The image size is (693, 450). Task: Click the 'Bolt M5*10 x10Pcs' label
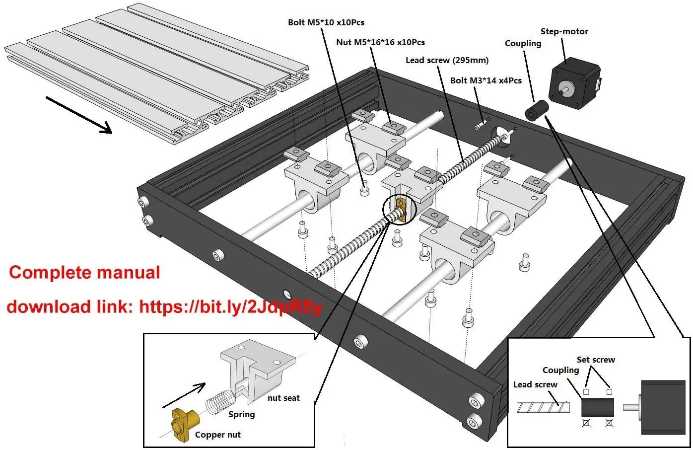pyautogui.click(x=326, y=22)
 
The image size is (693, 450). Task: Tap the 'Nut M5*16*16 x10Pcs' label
pyautogui.click(x=380, y=42)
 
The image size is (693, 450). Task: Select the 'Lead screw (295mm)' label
pyautogui.click(x=447, y=60)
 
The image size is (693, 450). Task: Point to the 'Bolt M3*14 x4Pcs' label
pyautogui.click(x=485, y=80)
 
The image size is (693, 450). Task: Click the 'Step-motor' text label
pyautogui.click(x=564, y=31)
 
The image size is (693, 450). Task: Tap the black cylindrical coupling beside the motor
pyautogui.click(x=536, y=109)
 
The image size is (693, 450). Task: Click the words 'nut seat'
pyautogui.click(x=283, y=398)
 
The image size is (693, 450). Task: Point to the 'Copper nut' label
pyautogui.click(x=217, y=435)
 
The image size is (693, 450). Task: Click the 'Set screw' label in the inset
pyautogui.click(x=596, y=360)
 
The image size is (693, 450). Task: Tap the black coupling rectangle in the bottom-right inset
pyautogui.click(x=597, y=407)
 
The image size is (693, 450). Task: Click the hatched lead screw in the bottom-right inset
pyautogui.click(x=542, y=407)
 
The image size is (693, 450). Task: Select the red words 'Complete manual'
pyautogui.click(x=84, y=272)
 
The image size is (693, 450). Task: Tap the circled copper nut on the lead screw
pyautogui.click(x=401, y=209)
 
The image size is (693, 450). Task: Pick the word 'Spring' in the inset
pyautogui.click(x=241, y=414)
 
